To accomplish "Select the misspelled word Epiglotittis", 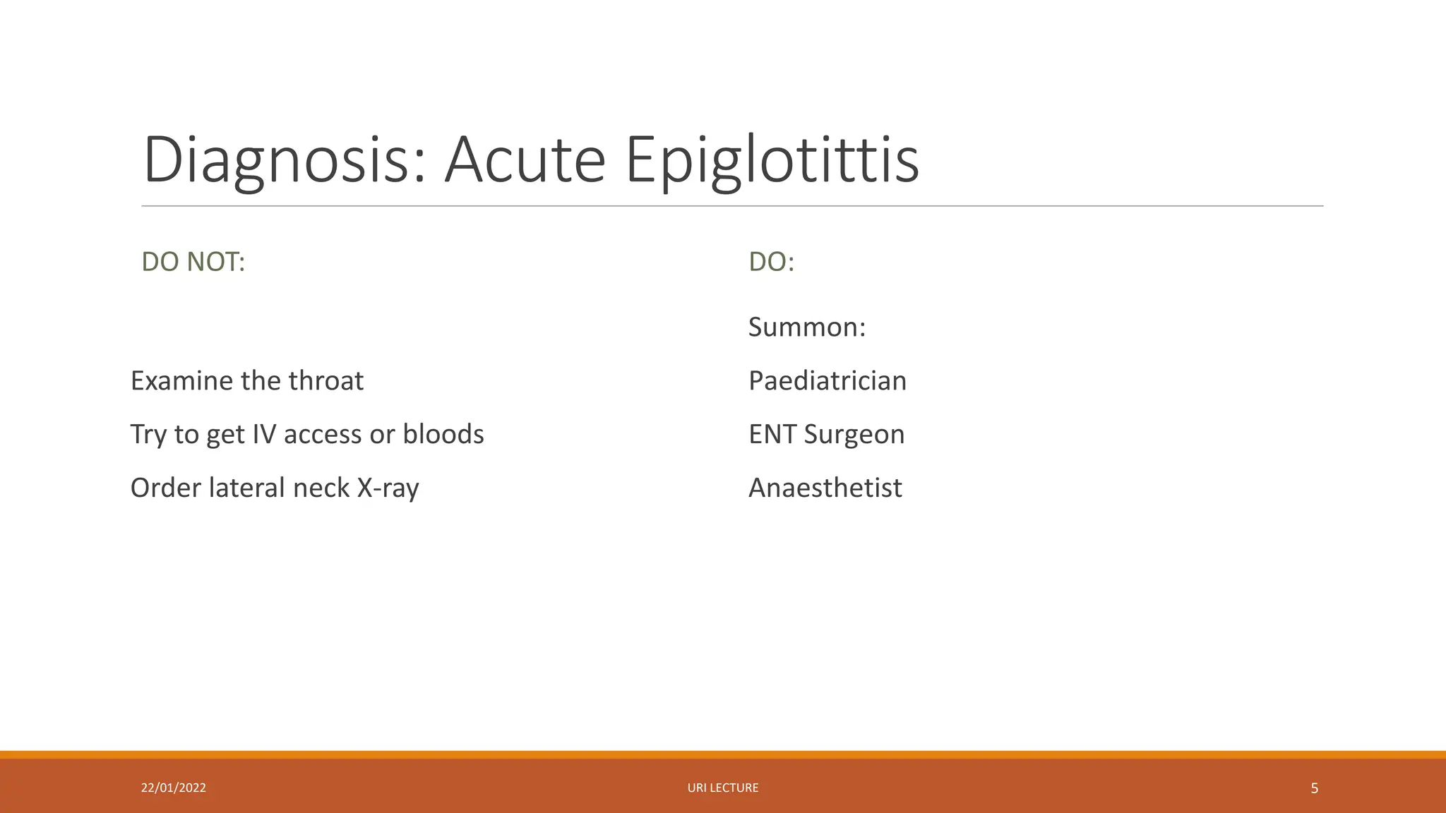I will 772,161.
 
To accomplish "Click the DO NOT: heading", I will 193,262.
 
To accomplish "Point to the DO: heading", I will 771,262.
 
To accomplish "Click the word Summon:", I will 806,327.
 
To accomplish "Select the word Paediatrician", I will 827,381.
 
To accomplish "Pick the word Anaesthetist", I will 825,488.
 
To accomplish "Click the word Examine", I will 181,381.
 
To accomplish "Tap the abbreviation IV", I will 263,434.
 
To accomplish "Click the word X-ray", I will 388,488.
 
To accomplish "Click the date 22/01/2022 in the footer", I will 173,788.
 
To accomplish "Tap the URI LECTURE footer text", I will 722,788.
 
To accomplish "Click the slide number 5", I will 1314,788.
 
